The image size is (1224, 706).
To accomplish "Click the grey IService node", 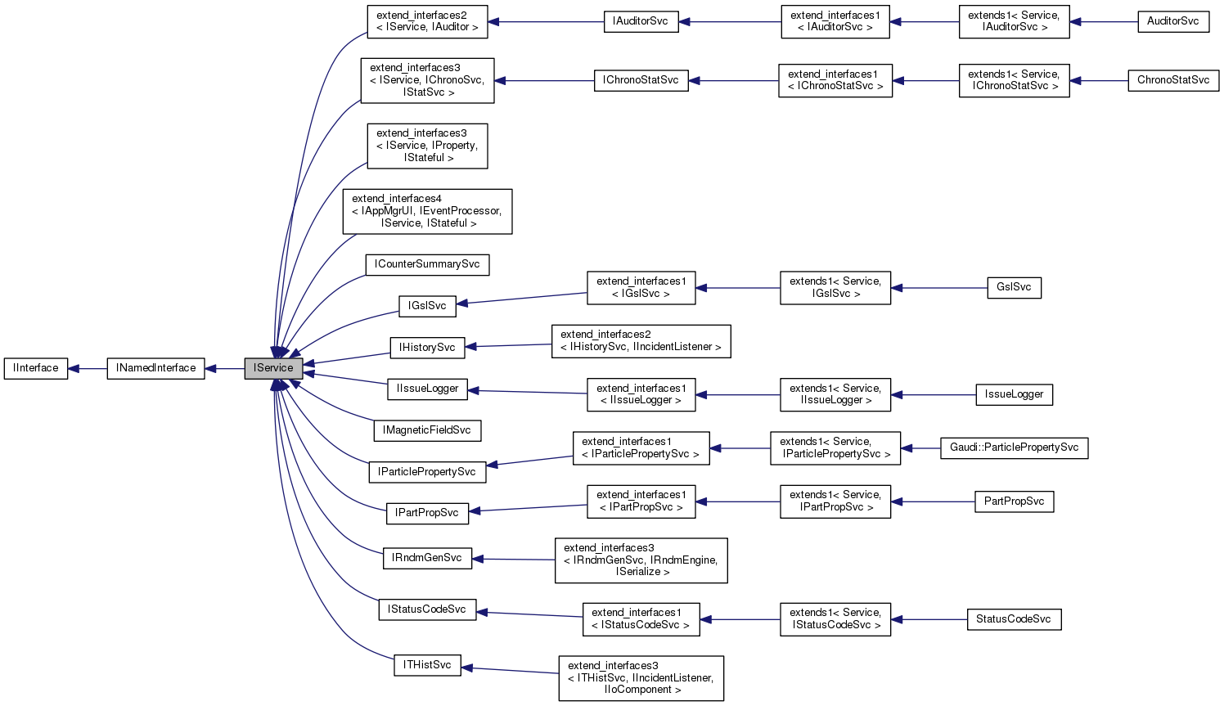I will tap(273, 368).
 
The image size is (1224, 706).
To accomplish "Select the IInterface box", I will tap(36, 368).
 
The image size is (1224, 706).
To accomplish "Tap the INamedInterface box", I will tap(155, 368).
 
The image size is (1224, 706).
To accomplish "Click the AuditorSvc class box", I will tap(1172, 21).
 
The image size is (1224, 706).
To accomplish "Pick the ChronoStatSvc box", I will tap(1172, 80).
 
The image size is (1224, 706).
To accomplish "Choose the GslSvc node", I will tap(1014, 287).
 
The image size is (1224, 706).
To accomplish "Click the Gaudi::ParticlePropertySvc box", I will tap(1014, 447).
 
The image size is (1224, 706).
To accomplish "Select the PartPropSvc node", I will tap(1014, 501).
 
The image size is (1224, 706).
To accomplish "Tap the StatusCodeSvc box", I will tap(1013, 619).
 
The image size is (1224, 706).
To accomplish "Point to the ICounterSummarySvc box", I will tap(427, 264).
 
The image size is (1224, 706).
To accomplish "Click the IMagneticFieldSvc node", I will tap(427, 429).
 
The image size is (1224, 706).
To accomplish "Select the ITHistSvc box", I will tap(427, 665).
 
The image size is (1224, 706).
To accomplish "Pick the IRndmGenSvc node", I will tap(427, 558).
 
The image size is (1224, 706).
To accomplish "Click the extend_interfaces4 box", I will tap(427, 211).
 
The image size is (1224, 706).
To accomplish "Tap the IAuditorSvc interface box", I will tap(641, 21).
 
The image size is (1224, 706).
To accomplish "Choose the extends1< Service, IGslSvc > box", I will tap(835, 288).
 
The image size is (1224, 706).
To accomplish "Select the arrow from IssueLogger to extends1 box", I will tap(933, 394).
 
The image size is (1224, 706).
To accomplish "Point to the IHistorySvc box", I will tap(427, 348).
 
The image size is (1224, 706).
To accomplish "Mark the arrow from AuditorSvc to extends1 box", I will tap(1104, 21).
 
